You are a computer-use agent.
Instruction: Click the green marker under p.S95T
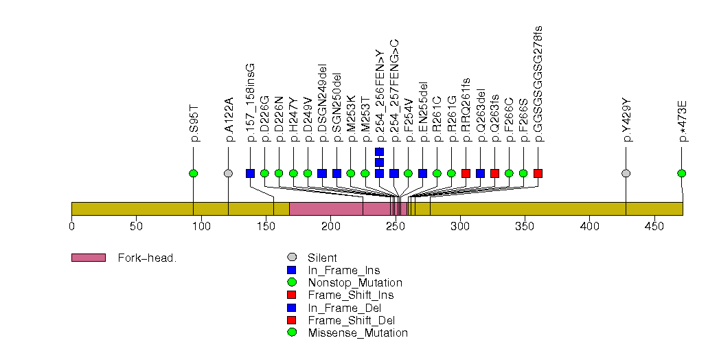(193, 173)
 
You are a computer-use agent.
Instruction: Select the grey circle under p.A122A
(228, 173)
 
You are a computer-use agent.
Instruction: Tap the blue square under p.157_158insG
(250, 173)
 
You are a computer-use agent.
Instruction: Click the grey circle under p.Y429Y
(626, 173)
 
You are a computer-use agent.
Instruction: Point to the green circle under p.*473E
(681, 173)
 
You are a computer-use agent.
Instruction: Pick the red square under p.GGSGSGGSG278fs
(538, 173)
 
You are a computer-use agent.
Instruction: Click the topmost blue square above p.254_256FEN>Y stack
(380, 151)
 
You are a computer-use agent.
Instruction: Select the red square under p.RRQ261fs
(466, 173)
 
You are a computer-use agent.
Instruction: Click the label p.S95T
(194, 124)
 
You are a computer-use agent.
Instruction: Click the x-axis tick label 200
(331, 226)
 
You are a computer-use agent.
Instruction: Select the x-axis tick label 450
(654, 226)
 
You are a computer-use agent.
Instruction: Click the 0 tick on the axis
(72, 226)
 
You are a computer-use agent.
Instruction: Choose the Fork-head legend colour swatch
(88, 258)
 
